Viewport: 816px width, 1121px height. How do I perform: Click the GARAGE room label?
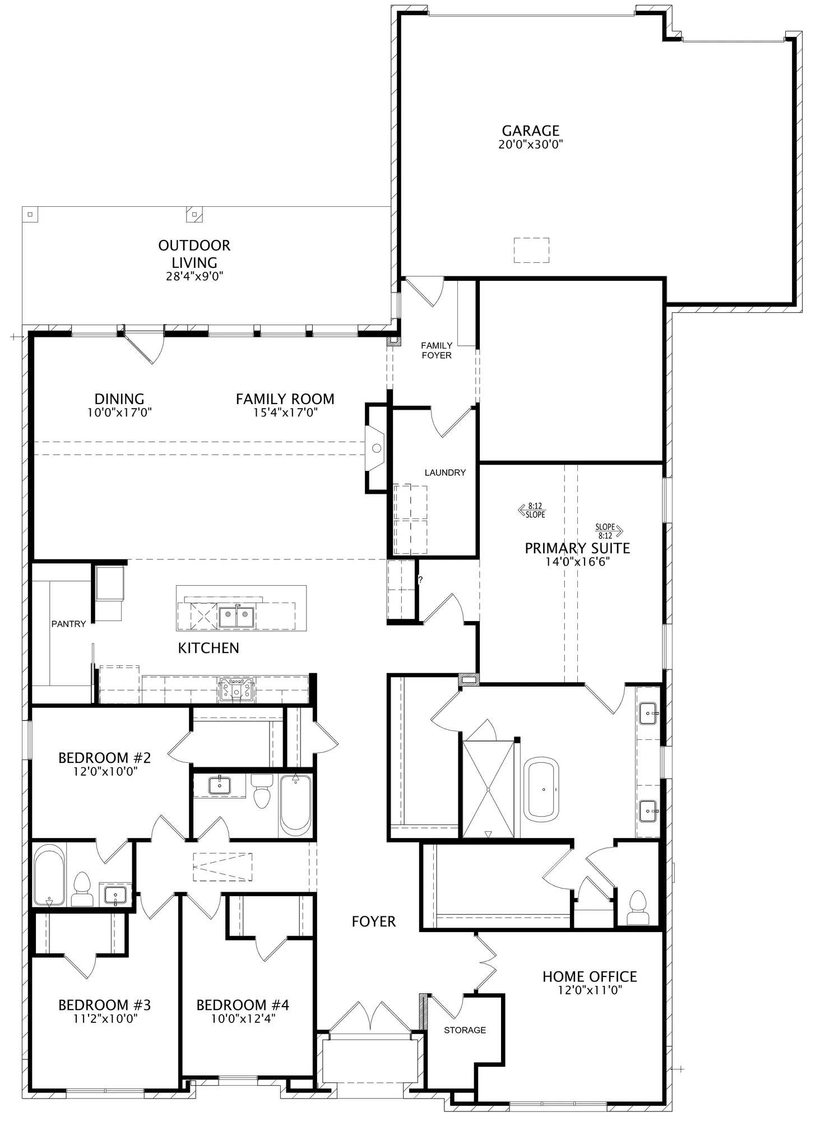pos(530,131)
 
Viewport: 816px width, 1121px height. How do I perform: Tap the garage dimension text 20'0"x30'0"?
pos(530,145)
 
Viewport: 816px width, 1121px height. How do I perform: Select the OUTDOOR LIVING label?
pos(194,253)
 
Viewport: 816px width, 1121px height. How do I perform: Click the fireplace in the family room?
pos(376,448)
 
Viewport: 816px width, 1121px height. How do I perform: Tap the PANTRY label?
pos(69,624)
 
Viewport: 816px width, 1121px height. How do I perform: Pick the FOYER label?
pos(374,921)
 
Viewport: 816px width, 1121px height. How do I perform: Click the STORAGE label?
pos(465,1030)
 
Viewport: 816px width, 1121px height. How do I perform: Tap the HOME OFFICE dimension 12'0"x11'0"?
pos(590,990)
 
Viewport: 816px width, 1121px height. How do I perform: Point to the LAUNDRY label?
pos(445,473)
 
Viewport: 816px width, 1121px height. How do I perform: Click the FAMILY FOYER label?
pos(437,350)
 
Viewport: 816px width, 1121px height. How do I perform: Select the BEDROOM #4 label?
pos(243,1005)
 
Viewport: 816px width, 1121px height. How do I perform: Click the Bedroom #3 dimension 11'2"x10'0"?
pos(104,1018)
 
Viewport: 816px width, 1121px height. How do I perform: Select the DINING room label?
pos(119,399)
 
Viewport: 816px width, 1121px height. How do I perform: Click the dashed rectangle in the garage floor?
pos(532,250)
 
